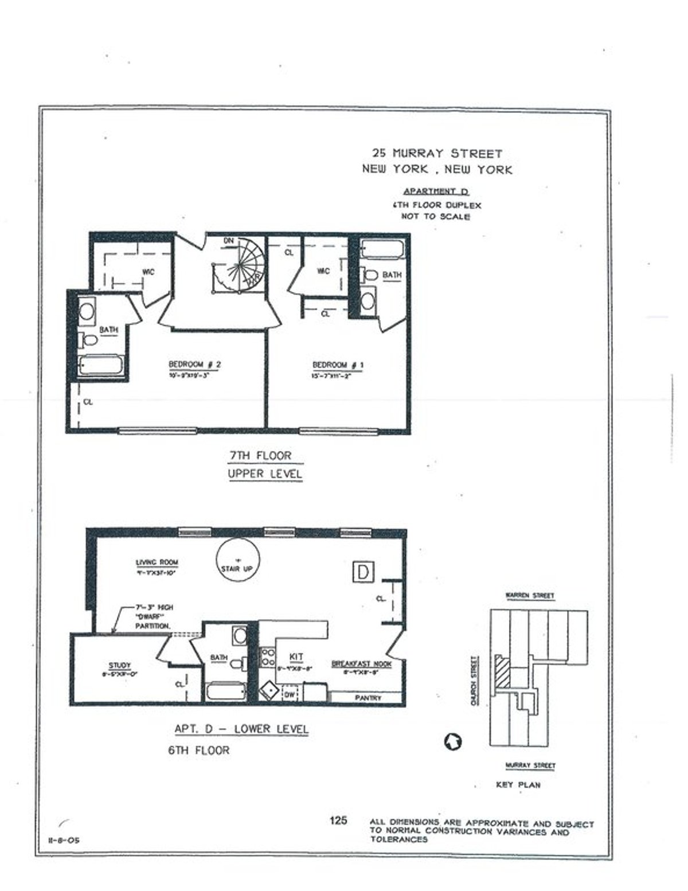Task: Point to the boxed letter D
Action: [x=363, y=572]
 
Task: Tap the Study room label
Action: [x=120, y=666]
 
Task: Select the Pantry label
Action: [x=368, y=698]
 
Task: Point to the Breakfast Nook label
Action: [x=362, y=664]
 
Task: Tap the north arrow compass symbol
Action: [x=453, y=741]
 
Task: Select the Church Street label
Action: [x=474, y=681]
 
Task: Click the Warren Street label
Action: [x=529, y=596]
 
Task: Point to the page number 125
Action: [x=338, y=820]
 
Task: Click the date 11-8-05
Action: [x=62, y=841]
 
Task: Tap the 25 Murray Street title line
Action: [x=437, y=154]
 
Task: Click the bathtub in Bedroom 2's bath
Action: [x=101, y=365]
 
